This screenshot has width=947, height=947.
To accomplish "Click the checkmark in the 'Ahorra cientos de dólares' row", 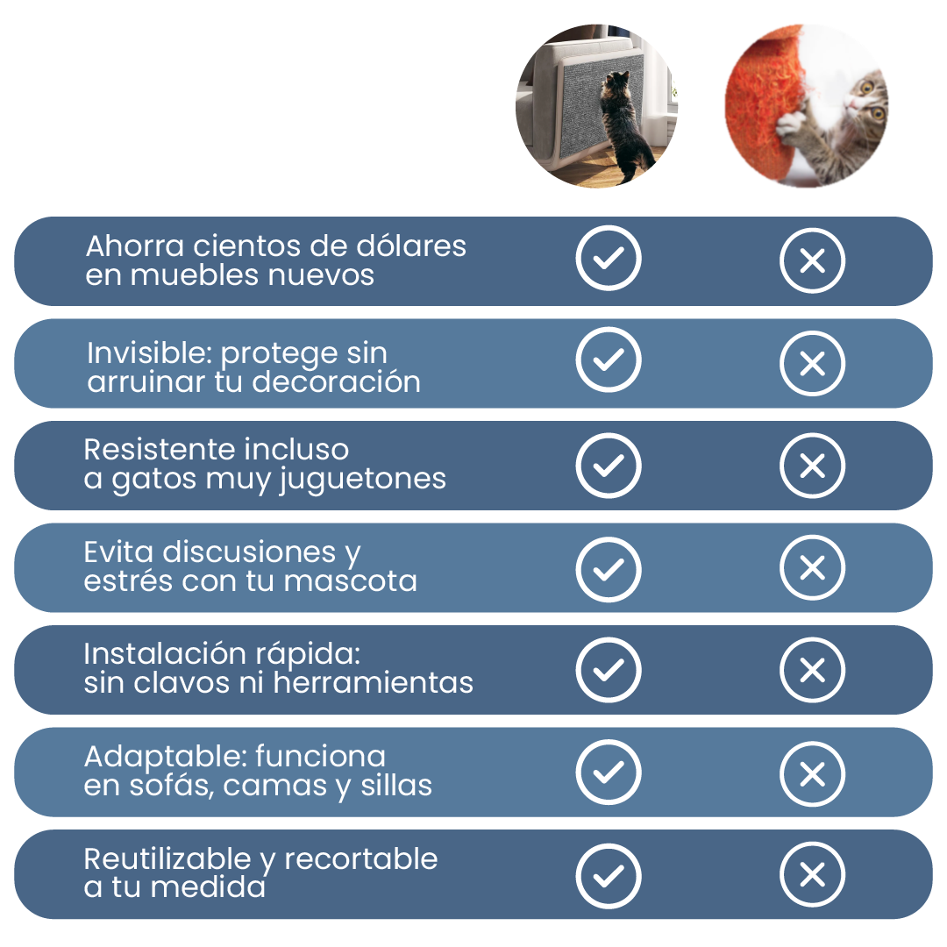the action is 609,258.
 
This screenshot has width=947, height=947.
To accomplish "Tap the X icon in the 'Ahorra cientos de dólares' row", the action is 812,260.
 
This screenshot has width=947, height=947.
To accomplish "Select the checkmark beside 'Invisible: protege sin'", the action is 609,360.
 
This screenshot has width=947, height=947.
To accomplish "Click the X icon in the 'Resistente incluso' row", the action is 812,465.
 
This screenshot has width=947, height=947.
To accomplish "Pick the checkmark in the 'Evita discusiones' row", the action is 609,569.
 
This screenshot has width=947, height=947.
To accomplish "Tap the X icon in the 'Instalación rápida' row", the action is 812,670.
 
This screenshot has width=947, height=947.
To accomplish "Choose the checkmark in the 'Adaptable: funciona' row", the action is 609,772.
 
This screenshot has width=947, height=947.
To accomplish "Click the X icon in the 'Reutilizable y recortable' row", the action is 812,874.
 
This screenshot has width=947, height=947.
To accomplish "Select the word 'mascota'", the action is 350,581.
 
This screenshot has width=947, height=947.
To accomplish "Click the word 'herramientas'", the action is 373,682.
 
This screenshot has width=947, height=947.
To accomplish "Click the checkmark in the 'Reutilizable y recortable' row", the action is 609,876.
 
